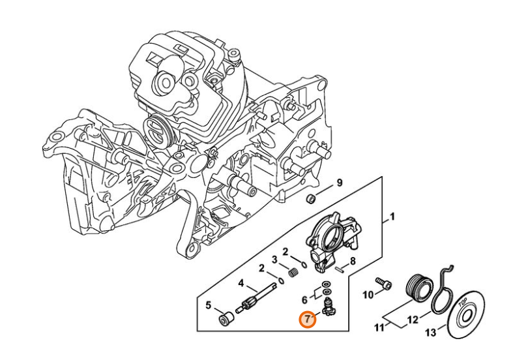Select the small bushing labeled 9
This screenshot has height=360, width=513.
coord(312,198)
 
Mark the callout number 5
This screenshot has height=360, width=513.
coord(209,305)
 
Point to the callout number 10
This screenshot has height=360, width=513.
coord(368,295)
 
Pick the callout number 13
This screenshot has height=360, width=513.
coord(430,333)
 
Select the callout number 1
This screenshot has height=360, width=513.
coord(392,216)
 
